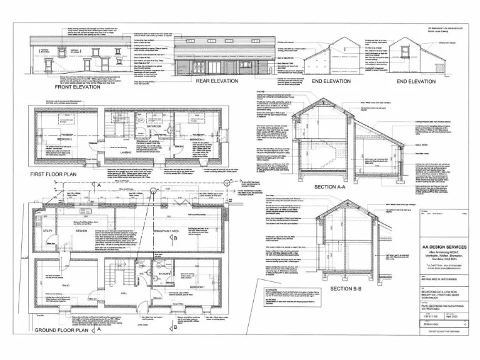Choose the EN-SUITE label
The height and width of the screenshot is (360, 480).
(164, 274)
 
